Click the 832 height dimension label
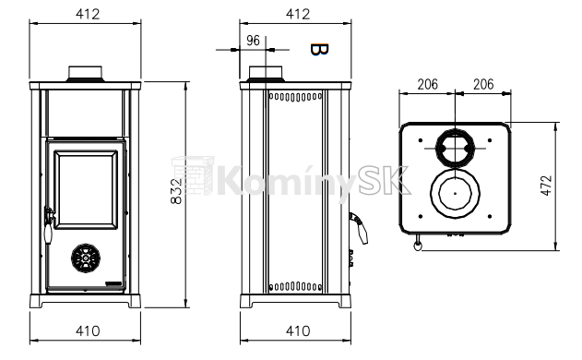pos(176,191)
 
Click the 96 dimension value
pos(253,41)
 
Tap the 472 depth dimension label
pos(546,186)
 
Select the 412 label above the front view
pos(88,14)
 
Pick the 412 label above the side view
pos(298,14)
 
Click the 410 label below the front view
pos(88,330)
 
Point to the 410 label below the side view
pos(298,330)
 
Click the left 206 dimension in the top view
pos(428,84)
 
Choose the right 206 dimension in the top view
pos(483,84)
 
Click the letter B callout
pos(319,50)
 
